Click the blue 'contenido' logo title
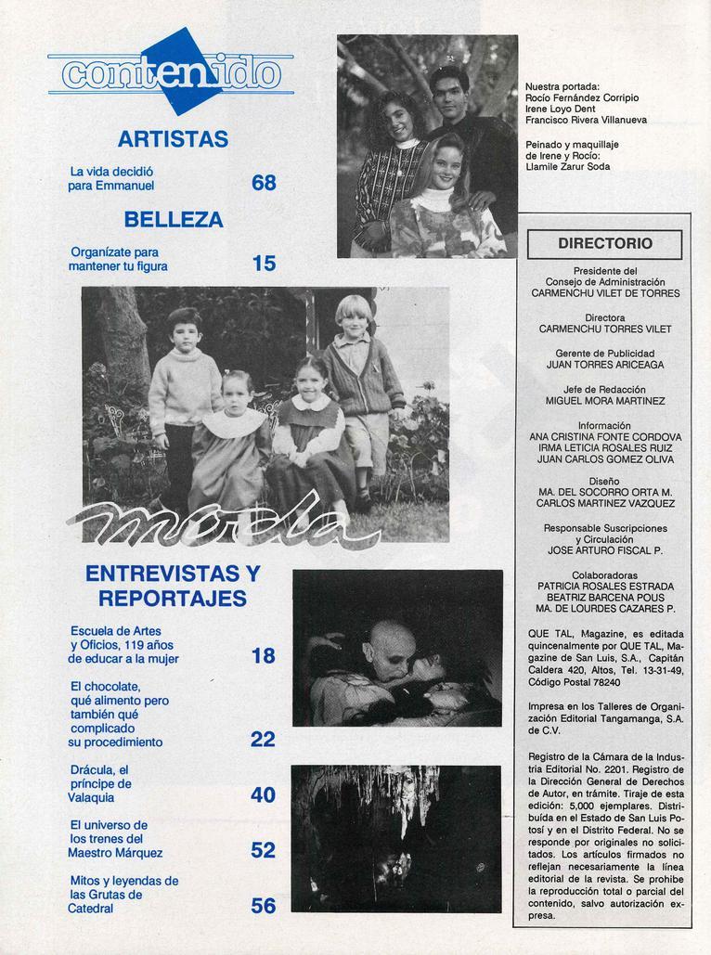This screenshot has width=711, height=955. point(171,73)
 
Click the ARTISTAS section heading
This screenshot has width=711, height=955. point(173,139)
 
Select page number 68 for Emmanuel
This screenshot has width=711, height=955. point(264,184)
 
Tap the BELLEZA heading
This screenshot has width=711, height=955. point(173,220)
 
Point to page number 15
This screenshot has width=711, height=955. point(264,264)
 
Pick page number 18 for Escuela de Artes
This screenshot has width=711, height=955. point(264,656)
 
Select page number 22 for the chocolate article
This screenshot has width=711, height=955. point(264,739)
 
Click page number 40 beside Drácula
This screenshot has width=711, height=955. point(264,794)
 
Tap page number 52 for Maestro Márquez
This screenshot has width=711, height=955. point(264,849)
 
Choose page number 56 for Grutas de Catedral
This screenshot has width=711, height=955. point(264,905)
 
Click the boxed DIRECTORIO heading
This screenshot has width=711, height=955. point(604,244)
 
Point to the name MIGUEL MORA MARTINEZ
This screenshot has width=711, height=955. point(605,401)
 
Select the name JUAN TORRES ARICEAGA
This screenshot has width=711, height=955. point(605,365)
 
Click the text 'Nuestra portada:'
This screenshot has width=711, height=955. point(562,86)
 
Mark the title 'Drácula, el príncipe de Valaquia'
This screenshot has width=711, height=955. point(99,782)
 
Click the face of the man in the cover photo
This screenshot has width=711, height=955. point(449,93)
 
